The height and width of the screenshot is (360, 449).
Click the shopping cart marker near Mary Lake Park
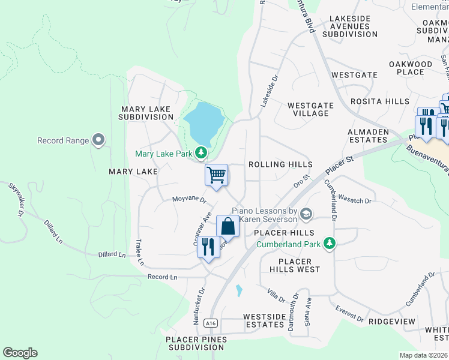click(216, 176)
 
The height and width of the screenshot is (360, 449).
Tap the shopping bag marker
click(228, 227)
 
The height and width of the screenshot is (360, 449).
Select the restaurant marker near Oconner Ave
click(208, 247)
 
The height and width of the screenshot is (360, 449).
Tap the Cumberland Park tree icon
click(329, 244)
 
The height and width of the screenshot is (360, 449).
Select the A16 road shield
click(209, 323)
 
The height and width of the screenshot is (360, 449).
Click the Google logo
click(20, 353)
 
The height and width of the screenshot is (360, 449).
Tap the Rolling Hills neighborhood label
click(280, 164)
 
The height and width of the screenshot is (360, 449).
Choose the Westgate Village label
click(310, 109)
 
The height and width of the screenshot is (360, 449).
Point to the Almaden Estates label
click(369, 136)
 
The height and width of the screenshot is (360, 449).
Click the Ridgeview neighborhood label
click(392, 322)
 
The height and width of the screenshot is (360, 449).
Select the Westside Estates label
click(264, 320)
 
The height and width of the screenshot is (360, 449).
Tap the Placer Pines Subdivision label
click(197, 343)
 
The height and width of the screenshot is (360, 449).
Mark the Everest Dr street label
click(349, 314)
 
